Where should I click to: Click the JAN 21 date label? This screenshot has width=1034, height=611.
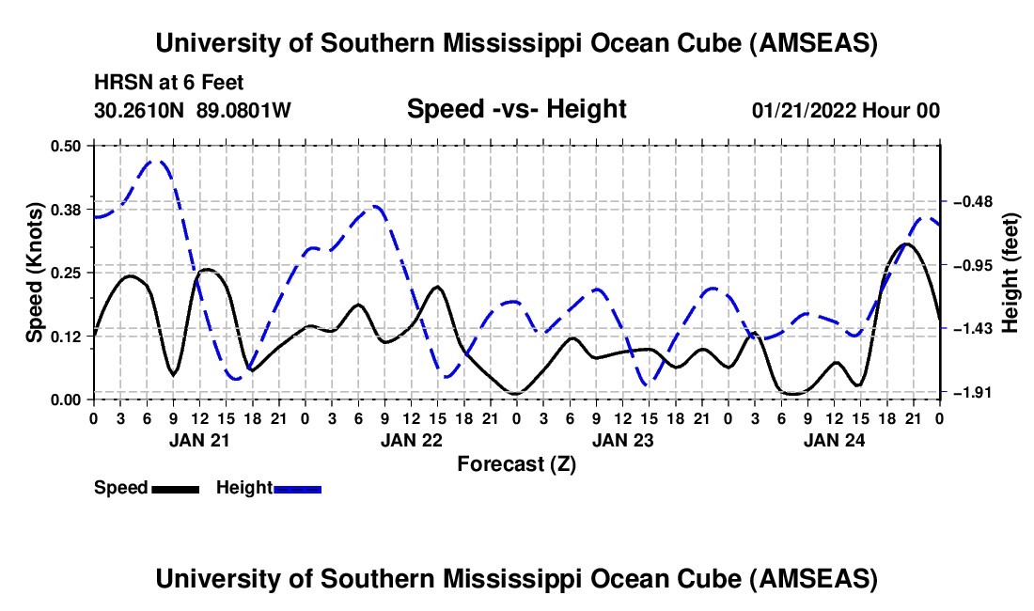(x=198, y=439)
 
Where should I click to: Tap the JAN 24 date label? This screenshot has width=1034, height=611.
(x=833, y=439)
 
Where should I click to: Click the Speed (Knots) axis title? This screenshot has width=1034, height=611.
(x=34, y=273)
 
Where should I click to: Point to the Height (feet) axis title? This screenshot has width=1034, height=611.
(x=1011, y=273)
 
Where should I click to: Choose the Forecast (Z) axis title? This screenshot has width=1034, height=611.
(x=516, y=463)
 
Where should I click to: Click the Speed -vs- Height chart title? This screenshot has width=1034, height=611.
(x=516, y=109)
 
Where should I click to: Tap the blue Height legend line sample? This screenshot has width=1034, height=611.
(x=297, y=488)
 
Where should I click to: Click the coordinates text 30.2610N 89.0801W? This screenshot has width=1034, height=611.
(x=193, y=110)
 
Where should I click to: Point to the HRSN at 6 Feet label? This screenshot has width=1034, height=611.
(x=169, y=83)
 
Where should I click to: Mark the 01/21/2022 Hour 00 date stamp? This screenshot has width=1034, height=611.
(x=845, y=110)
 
